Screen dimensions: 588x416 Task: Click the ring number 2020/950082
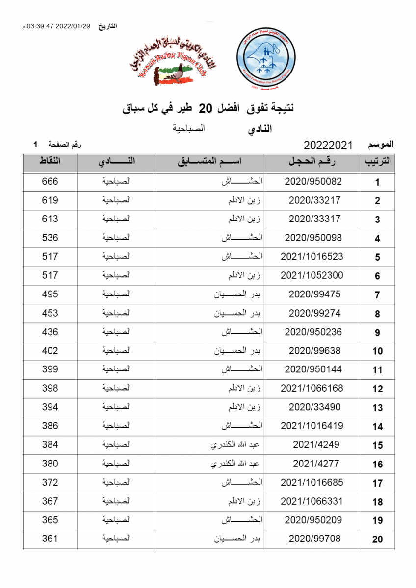click(313, 181)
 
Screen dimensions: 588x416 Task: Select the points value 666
click(50, 181)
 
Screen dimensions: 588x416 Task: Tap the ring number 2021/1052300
click(312, 275)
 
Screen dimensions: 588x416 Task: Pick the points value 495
click(50, 294)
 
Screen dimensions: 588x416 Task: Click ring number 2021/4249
click(313, 444)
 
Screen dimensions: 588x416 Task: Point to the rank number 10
click(377, 351)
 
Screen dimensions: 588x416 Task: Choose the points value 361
click(50, 539)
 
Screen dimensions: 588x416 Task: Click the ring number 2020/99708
click(313, 539)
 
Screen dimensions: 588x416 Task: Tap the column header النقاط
click(50, 162)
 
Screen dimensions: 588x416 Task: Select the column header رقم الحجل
click(313, 162)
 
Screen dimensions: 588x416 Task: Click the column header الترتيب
click(378, 162)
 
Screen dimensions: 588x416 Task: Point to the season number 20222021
click(329, 146)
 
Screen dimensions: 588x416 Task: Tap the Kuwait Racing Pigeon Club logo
click(172, 61)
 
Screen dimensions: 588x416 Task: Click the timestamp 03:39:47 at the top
click(42, 26)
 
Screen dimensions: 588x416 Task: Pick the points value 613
click(50, 219)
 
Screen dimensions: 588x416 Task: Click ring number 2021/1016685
click(312, 483)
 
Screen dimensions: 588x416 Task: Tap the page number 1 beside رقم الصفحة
click(35, 145)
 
